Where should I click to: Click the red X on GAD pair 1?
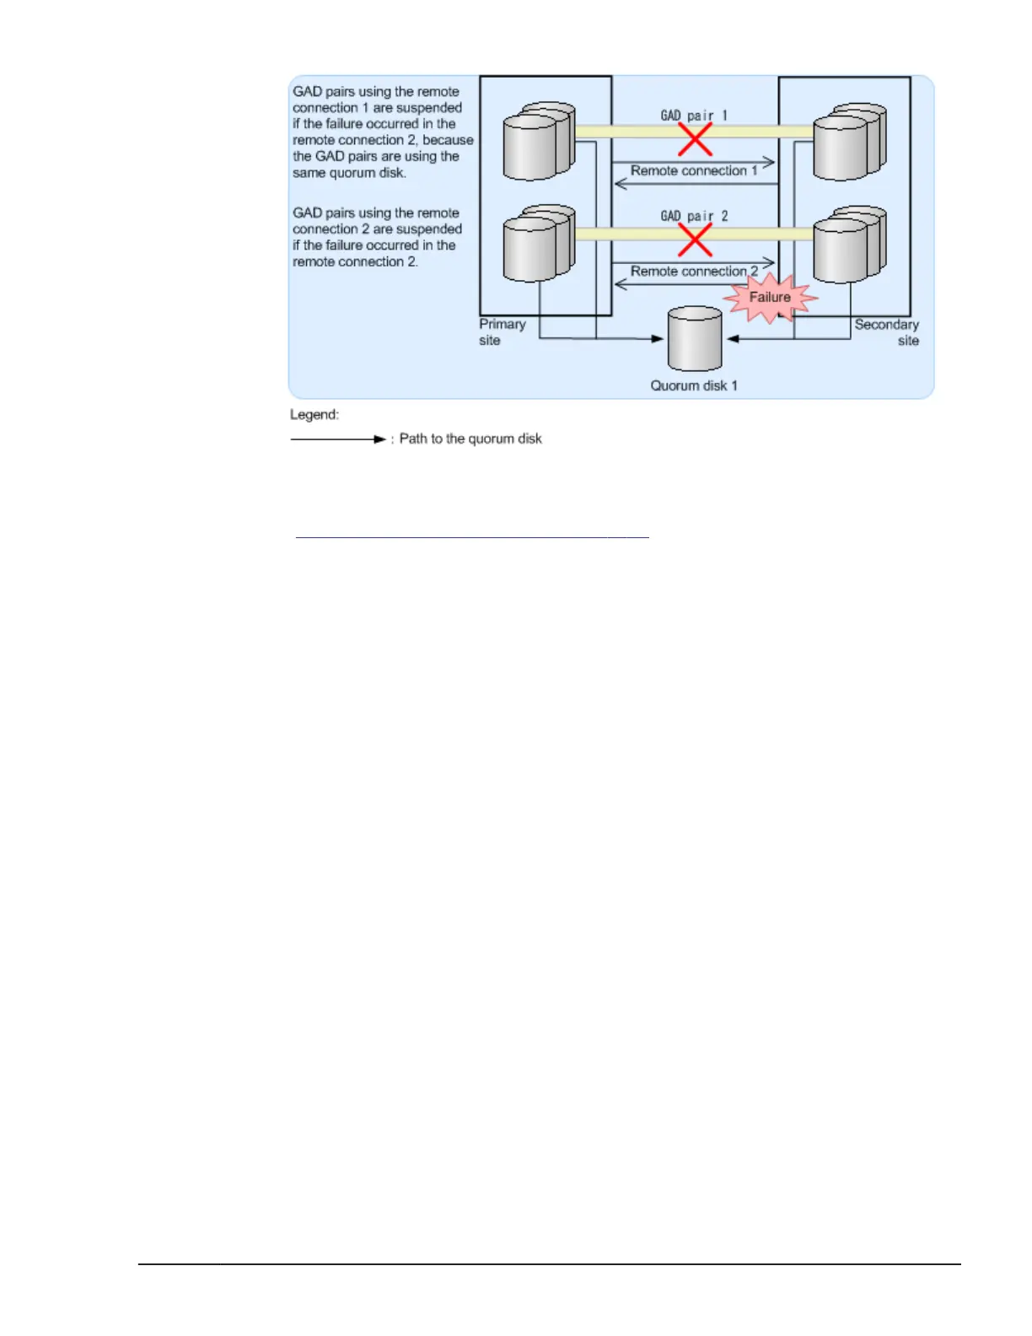coord(695,140)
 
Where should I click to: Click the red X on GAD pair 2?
coord(695,241)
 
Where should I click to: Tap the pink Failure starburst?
coord(770,298)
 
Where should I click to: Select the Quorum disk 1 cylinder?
coord(695,339)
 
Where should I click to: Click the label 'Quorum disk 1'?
coord(694,385)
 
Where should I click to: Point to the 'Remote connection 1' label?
coord(694,170)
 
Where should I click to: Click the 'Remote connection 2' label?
coord(694,272)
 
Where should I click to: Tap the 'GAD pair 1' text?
coord(694,116)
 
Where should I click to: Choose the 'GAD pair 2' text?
coord(694,216)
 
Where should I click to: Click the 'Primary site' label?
coord(502,332)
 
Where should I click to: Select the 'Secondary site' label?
coord(887,332)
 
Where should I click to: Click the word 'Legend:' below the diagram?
coord(314,415)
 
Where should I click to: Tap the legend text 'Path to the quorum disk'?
coord(470,439)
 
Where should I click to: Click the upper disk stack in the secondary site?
coord(849,142)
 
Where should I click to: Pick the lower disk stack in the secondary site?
coord(849,244)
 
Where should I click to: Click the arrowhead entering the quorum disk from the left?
coord(658,339)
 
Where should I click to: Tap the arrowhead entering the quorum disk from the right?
coord(733,339)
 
